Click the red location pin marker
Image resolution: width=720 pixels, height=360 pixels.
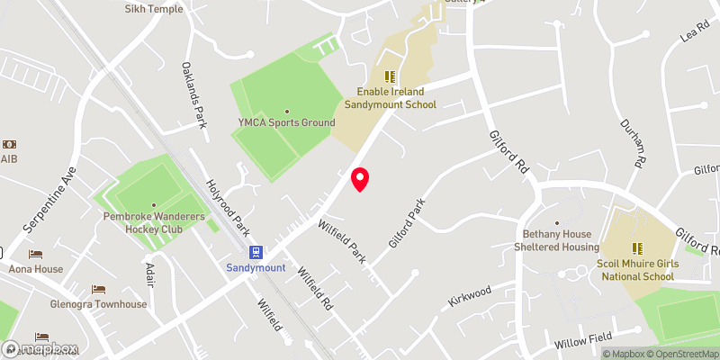tap(360, 179)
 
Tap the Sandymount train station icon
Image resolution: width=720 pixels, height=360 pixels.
tap(256, 253)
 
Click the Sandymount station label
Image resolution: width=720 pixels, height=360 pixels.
tap(256, 268)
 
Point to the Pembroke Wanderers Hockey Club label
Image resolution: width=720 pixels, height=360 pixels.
tap(154, 223)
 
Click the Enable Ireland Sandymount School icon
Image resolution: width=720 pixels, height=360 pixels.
tap(390, 76)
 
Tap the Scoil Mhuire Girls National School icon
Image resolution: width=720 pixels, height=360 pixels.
tap(636, 248)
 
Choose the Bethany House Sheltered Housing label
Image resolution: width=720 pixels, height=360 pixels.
tap(556, 240)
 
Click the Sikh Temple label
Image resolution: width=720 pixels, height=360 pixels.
tap(154, 9)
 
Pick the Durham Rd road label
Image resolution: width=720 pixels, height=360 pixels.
tap(633, 144)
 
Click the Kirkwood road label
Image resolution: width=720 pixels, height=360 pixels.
tap(471, 298)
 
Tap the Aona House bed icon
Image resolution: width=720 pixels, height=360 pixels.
tap(36, 255)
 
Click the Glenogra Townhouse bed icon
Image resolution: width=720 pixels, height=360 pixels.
tap(99, 290)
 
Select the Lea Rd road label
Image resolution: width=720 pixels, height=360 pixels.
tap(695, 33)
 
